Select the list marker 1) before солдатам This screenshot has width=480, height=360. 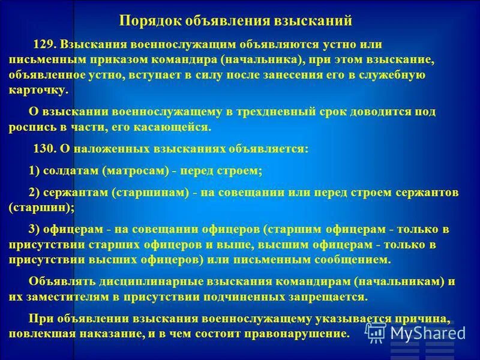(34, 170)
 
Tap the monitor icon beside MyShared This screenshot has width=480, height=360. (376, 332)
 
